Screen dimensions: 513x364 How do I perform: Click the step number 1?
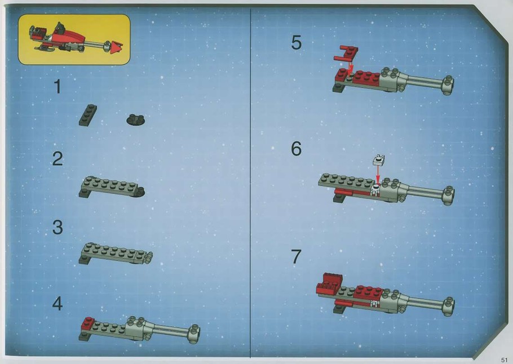[x=58, y=87]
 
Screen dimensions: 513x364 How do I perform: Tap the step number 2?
[x=58, y=159]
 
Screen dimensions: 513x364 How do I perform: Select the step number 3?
[x=58, y=227]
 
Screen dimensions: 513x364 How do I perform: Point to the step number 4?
[x=58, y=304]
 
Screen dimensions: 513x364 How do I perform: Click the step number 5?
[x=296, y=43]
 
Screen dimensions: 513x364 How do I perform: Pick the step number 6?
[x=296, y=149]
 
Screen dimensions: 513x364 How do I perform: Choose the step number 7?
[x=296, y=257]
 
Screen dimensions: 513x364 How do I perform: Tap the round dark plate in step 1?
[x=136, y=119]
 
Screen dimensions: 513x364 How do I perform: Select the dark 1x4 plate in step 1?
[x=88, y=115]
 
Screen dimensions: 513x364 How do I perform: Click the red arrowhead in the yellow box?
[x=116, y=47]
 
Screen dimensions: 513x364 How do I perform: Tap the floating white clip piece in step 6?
[x=378, y=159]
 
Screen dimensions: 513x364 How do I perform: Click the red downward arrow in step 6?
[x=378, y=175]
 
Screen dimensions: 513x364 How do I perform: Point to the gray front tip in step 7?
[x=448, y=307]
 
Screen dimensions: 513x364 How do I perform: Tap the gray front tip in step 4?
[x=194, y=334]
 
